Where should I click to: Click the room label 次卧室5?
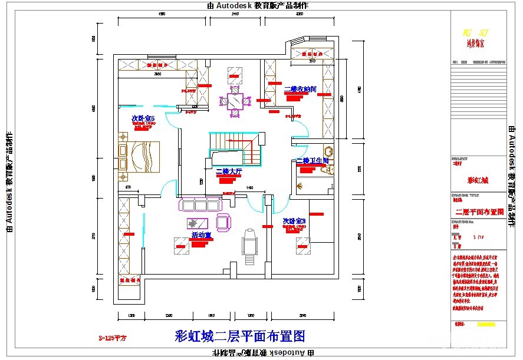tap(143, 119)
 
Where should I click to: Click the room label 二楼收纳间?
tap(300, 90)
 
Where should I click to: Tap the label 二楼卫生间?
tap(312, 161)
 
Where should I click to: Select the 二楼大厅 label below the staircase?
tap(229, 172)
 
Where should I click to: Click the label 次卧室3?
tap(294, 222)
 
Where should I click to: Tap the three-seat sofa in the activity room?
tap(200, 205)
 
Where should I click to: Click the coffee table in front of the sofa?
tap(197, 223)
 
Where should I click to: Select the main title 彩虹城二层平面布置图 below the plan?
tap(240, 336)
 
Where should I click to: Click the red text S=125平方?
tap(113, 339)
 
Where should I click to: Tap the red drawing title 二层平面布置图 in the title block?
tap(479, 212)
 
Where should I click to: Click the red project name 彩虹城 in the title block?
tap(478, 180)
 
